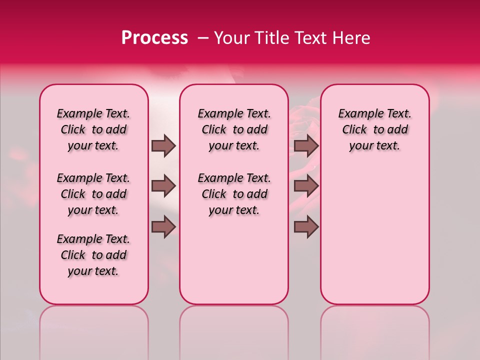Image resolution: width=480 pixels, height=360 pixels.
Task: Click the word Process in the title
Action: pos(154,38)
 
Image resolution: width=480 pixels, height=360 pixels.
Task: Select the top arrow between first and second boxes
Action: pos(163,146)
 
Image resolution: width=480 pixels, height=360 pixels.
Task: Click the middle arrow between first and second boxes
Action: pos(163,186)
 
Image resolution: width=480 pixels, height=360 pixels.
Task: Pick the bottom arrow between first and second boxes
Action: pos(163,227)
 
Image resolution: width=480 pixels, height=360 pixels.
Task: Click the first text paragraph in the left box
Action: pos(93,129)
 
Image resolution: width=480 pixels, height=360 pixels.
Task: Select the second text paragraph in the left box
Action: pos(93,194)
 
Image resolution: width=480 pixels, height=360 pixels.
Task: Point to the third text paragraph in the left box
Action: pos(93,255)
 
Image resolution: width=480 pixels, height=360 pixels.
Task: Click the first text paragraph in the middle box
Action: pos(234,129)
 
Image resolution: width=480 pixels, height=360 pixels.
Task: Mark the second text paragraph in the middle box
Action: pos(234,194)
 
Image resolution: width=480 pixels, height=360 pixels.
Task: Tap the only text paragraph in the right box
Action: pos(374,129)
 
